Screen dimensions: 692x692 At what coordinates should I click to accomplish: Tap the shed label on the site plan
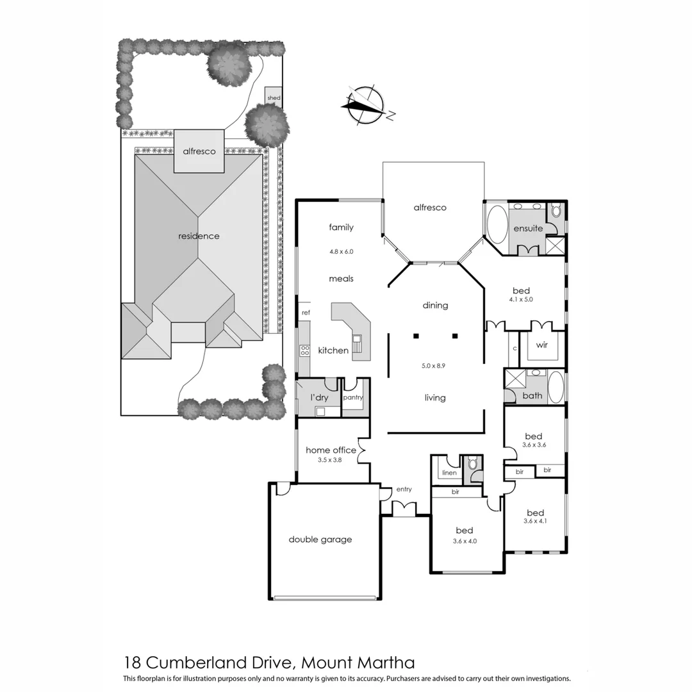274,98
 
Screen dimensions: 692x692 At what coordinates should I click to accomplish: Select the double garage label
320,540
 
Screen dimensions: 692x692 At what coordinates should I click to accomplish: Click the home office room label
331,450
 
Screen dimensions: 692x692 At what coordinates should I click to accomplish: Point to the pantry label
353,397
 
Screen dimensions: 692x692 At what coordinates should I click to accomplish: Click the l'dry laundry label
319,398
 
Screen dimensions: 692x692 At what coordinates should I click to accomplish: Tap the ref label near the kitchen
306,313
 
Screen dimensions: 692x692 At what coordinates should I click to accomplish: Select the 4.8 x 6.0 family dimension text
341,252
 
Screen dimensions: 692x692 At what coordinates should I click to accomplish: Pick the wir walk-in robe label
542,345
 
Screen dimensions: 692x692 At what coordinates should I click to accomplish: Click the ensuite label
528,229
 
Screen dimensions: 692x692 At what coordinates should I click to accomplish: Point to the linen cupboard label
449,473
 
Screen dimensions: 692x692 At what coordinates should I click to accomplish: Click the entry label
404,490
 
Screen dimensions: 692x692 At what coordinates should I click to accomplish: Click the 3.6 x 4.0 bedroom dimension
465,541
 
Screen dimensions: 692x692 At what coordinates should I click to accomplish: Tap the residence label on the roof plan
199,236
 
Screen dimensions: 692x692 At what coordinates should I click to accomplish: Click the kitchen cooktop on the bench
304,350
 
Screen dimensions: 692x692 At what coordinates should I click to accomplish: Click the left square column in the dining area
416,335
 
